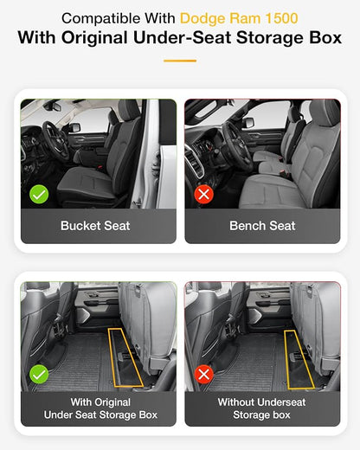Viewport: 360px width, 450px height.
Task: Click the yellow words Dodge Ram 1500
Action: [239, 18]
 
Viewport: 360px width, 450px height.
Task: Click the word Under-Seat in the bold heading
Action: [183, 38]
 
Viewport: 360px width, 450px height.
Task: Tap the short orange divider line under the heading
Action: [180, 61]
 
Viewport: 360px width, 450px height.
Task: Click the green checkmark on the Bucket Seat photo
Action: [39, 194]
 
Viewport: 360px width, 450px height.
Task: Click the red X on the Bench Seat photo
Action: [203, 194]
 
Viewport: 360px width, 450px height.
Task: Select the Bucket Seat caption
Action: [95, 226]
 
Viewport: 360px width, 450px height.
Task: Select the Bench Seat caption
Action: [262, 226]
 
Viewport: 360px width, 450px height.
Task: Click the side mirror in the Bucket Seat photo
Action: [74, 127]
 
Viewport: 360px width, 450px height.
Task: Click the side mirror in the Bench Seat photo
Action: [248, 123]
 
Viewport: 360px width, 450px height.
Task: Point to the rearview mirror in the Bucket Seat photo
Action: [53, 106]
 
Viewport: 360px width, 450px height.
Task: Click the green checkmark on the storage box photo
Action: [39, 374]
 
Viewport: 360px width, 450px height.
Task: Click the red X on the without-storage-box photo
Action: [203, 374]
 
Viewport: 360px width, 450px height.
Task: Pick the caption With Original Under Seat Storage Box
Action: [100, 408]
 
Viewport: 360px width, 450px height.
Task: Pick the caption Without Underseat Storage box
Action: [261, 408]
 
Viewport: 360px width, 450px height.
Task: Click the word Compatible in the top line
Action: [102, 19]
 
